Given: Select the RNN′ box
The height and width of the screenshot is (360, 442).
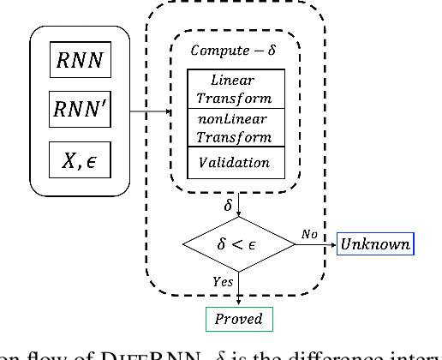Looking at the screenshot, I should click(79, 110).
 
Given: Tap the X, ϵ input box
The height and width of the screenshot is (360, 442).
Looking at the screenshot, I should click(79, 160).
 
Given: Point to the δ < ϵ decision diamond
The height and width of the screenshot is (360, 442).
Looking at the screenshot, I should click(238, 244).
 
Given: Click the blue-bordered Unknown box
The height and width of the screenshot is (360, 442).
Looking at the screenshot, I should click(375, 244).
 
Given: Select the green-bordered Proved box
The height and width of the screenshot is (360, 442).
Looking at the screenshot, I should click(239, 320).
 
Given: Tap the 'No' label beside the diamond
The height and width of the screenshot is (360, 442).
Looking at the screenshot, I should click(311, 233).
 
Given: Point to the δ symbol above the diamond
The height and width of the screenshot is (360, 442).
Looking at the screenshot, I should click(228, 206).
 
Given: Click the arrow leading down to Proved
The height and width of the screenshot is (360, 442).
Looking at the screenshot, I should click(238, 291).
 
